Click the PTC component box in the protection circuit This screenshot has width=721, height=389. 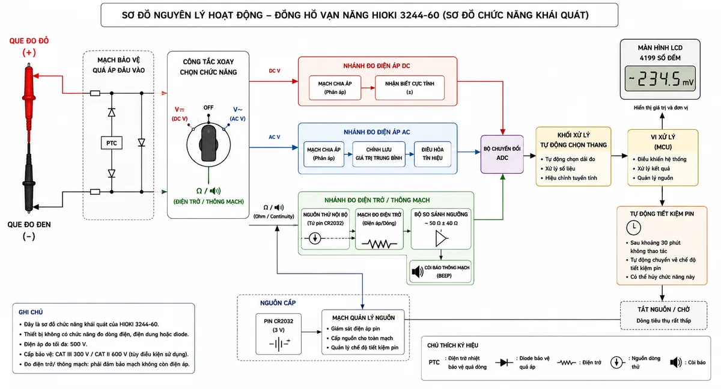(111, 143)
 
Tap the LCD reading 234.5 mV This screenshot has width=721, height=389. (660, 79)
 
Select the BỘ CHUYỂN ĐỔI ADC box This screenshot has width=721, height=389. (502, 155)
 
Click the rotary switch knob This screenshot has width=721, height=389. (208, 144)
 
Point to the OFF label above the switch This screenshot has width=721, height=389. (208, 108)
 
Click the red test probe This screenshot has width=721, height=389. (29, 103)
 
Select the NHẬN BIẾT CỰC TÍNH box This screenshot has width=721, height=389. (409, 88)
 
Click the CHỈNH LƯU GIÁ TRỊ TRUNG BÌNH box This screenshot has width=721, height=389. (379, 154)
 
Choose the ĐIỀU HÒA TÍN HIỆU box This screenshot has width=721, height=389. (432, 154)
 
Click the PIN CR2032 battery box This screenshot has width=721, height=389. (278, 334)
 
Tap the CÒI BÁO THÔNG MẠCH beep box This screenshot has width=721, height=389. (440, 272)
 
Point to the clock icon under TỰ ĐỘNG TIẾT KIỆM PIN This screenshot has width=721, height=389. (633, 227)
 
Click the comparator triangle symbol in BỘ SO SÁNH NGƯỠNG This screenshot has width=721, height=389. (441, 239)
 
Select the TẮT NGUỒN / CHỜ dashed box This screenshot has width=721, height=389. (663, 315)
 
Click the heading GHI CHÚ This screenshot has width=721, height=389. (31, 312)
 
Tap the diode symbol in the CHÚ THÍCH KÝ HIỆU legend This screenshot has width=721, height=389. (504, 363)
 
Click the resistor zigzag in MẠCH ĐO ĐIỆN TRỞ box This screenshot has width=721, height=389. (379, 244)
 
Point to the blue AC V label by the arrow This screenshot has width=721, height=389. (274, 137)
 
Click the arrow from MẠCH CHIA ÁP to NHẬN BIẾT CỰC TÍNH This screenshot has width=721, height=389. (368, 88)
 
